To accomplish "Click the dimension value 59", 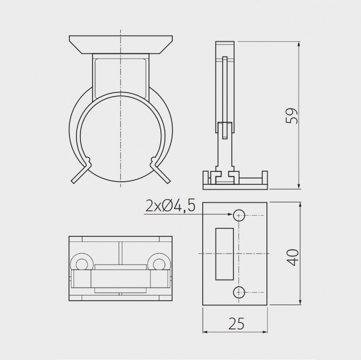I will (x=292, y=115).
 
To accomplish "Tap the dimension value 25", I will (x=236, y=324).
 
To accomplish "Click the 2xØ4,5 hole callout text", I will (x=170, y=206).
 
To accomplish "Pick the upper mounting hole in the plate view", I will (x=239, y=216).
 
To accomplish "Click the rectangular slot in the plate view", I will (x=224, y=254).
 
